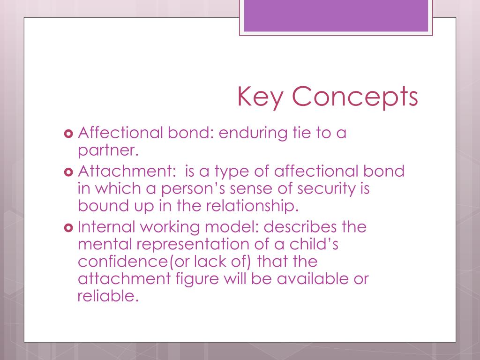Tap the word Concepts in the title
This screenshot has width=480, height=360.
point(355,97)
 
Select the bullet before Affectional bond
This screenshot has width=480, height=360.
point(68,134)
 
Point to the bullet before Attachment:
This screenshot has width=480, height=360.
point(68,171)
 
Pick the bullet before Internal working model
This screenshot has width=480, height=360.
point(68,227)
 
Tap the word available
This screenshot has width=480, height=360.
point(311,279)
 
